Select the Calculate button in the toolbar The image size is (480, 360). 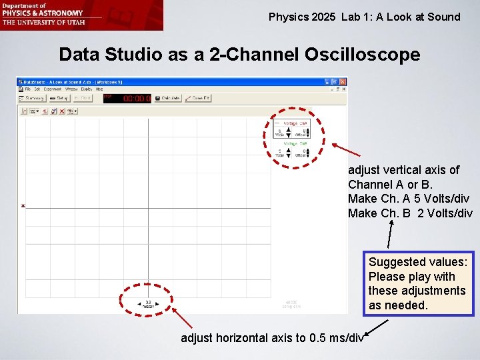(x=167, y=98)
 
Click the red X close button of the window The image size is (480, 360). (x=344, y=81)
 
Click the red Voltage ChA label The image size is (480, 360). (x=295, y=123)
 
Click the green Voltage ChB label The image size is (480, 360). (x=295, y=143)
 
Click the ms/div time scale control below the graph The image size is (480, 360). (x=148, y=304)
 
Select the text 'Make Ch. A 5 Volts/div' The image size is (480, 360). (x=408, y=199)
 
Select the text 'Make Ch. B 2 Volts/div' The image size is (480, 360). (x=409, y=213)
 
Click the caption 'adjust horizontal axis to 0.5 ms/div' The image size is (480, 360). (x=272, y=338)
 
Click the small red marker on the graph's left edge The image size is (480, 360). (x=23, y=206)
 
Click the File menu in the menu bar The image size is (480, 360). (x=28, y=89)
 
